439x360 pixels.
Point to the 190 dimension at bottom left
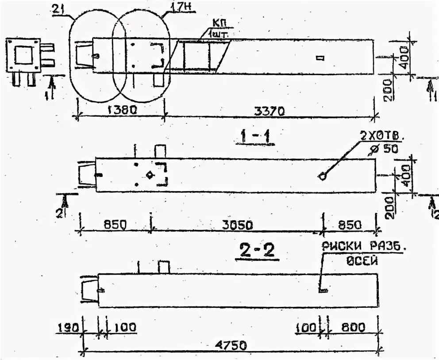pos(68,328)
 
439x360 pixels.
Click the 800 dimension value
pos(353,328)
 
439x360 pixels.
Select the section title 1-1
pos(255,138)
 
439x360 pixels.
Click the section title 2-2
pos(257,251)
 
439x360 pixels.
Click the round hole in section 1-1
pos(323,176)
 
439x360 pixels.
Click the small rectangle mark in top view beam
pos(320,57)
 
